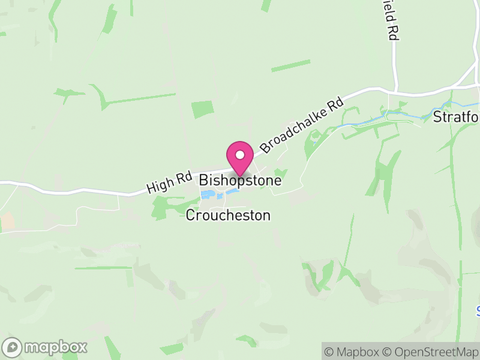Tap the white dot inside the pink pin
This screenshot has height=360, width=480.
coord(240,155)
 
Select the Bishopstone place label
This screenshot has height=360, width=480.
coord(240,180)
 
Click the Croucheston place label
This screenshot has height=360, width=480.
coord(228,215)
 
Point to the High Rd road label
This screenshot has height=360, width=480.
coord(169,183)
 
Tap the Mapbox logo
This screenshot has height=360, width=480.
coord(45,347)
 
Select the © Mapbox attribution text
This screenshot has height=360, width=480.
coord(353,352)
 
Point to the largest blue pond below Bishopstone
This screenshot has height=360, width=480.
coord(208,195)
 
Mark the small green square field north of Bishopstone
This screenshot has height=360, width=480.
coord(202,110)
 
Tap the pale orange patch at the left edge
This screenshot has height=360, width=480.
coord(7,222)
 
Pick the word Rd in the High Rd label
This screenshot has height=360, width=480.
coord(182,179)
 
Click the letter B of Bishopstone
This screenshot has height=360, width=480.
coord(204,180)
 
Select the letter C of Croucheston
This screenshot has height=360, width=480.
coord(190,215)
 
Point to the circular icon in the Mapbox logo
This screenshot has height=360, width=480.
coord(12,347)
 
